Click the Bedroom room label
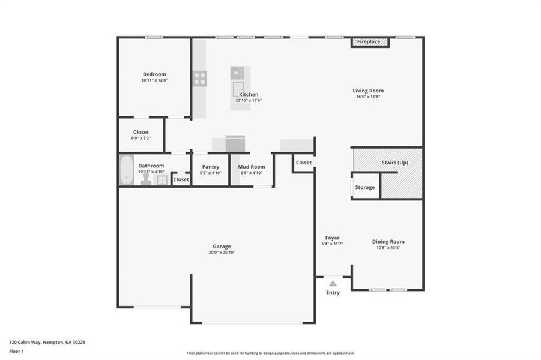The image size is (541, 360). point(154,74)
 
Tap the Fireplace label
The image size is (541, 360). point(369,42)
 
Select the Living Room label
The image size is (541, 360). point(368,91)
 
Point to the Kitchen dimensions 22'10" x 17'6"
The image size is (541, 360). point(249,100)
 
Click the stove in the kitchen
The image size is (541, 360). point(200,78)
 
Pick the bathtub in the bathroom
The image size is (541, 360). point(127,170)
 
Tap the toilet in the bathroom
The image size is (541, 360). point(146,179)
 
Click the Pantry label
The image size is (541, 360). point(210,167)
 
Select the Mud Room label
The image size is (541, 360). point(252,167)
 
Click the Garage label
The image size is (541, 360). point(222,246)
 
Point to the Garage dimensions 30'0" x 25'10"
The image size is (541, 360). point(222,253)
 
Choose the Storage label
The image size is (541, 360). point(364,187)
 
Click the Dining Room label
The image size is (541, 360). point(388,241)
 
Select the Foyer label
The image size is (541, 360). point(333,238)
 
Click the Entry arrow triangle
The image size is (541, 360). point(333,283)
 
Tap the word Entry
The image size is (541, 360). point(333,293)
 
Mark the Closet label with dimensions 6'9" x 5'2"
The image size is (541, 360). point(141,132)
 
